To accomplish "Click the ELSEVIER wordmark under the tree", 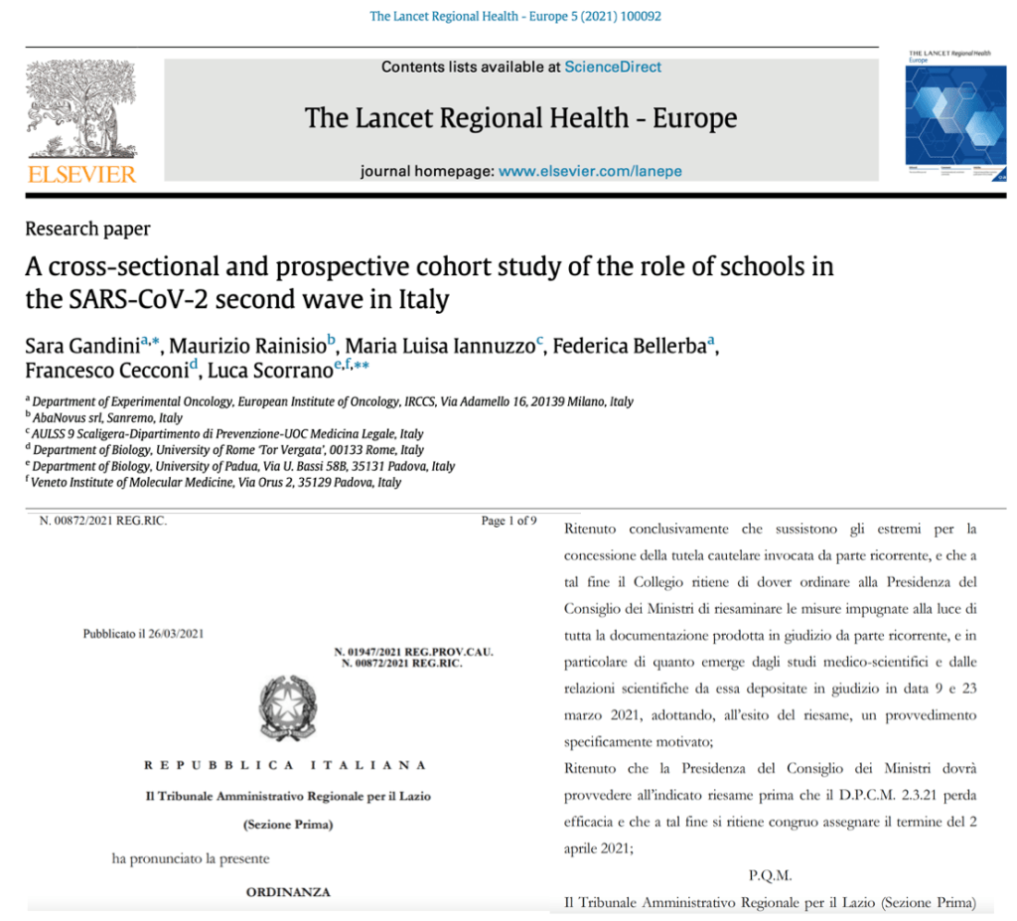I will click(82, 175).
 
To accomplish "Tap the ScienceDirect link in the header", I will click(613, 67).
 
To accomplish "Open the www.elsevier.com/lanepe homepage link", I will click(590, 171).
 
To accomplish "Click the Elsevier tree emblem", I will click(82, 110).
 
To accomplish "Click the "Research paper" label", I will click(87, 230).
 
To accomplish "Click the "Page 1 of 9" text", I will click(508, 521).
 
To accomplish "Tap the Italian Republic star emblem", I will click(287, 707).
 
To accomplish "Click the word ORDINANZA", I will click(288, 891).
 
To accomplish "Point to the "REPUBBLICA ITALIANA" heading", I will click(286, 765).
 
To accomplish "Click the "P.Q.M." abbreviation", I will click(770, 875).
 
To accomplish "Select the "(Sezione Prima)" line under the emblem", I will click(287, 825).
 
